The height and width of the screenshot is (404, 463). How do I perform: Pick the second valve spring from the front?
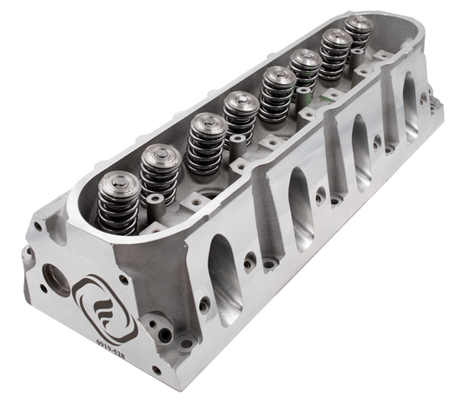[159, 169]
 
